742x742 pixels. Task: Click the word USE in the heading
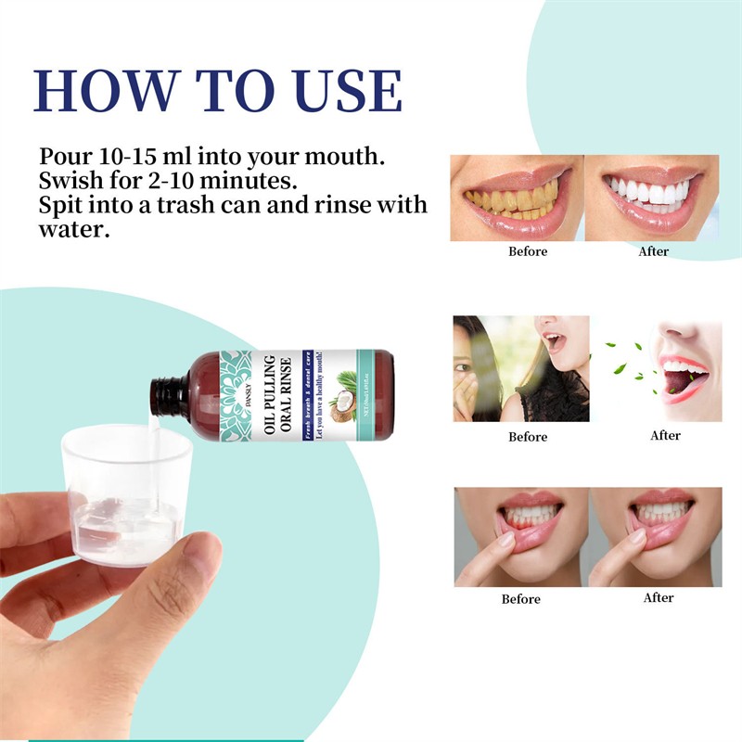tap(347, 91)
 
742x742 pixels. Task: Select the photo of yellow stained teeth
tap(516, 197)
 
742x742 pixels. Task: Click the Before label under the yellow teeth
tap(528, 251)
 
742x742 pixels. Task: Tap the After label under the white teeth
tap(653, 251)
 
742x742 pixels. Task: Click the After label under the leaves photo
tap(665, 435)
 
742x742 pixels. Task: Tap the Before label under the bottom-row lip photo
tap(520, 599)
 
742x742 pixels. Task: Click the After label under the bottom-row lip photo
tap(658, 598)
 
